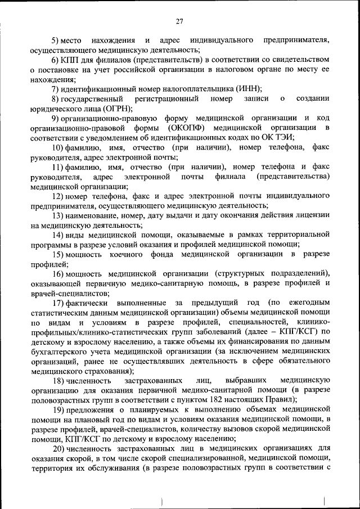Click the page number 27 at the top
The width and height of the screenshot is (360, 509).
click(179, 21)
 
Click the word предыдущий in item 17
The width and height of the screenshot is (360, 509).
click(219, 303)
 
